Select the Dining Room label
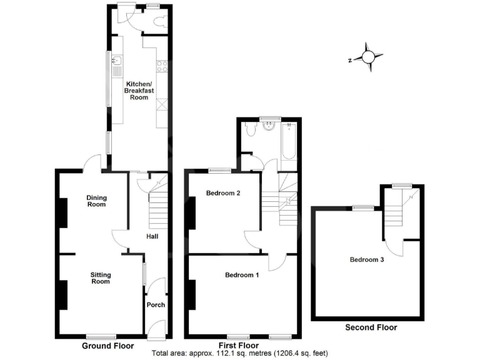tap(96, 201)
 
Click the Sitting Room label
tap(100, 278)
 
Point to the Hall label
tap(152, 237)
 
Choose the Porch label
tap(155, 305)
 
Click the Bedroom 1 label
tap(242, 275)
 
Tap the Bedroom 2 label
tap(223, 193)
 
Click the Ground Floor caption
tap(107, 345)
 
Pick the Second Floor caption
tap(371, 327)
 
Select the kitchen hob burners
tap(162, 65)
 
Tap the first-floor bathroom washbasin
tap(270, 128)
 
